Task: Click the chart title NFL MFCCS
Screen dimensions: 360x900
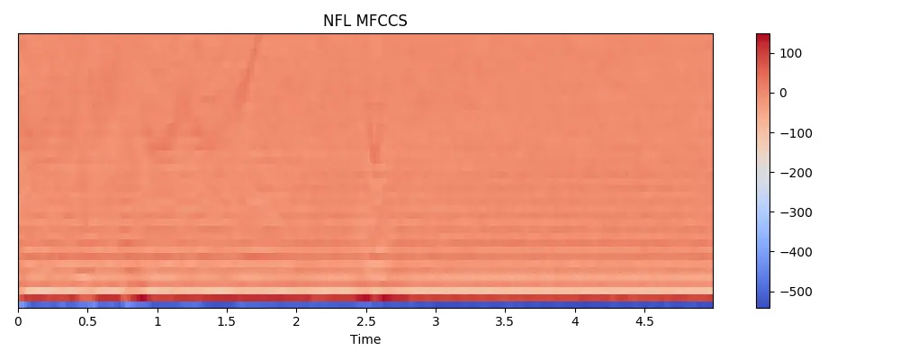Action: [x=365, y=22]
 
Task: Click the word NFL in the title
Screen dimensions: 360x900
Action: [x=338, y=22]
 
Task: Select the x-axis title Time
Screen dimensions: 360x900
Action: [x=365, y=339]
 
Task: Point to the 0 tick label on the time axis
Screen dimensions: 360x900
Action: [x=19, y=321]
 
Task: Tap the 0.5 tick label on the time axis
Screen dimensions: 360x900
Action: [x=87, y=321]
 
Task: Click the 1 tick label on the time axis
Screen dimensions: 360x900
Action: [x=157, y=321]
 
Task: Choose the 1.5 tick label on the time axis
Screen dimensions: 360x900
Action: [x=227, y=321]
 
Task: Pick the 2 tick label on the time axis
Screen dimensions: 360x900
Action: [x=296, y=321]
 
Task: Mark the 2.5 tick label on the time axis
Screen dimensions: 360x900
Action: [x=365, y=321]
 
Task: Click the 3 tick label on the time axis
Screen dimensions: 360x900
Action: [x=436, y=321]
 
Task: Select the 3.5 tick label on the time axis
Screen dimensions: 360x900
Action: [x=505, y=321]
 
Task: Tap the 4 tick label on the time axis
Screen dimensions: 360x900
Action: [x=574, y=321]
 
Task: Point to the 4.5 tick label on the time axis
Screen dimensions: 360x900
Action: [x=643, y=321]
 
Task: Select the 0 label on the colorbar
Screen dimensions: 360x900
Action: [x=783, y=93]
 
